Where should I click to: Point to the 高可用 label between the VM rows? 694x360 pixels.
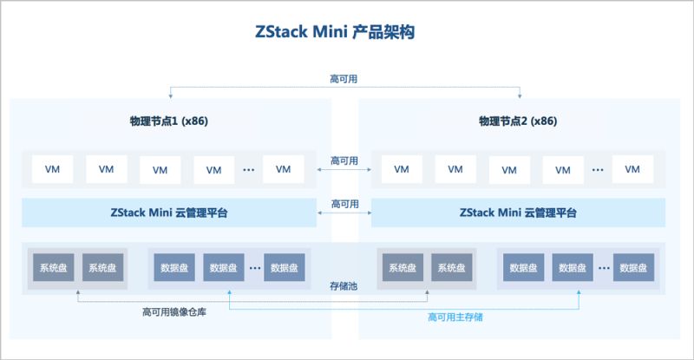click(344, 161)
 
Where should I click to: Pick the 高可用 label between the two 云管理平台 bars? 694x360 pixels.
click(344, 204)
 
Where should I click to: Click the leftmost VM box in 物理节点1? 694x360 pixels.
click(51, 169)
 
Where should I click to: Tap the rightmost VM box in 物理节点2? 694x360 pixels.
click(632, 169)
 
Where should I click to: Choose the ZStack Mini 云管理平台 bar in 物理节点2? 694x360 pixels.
click(519, 213)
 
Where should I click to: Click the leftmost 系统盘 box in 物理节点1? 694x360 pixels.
click(52, 268)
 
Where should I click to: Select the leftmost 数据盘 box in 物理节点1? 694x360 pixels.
click(172, 268)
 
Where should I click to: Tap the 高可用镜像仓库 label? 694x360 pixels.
click(173, 312)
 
